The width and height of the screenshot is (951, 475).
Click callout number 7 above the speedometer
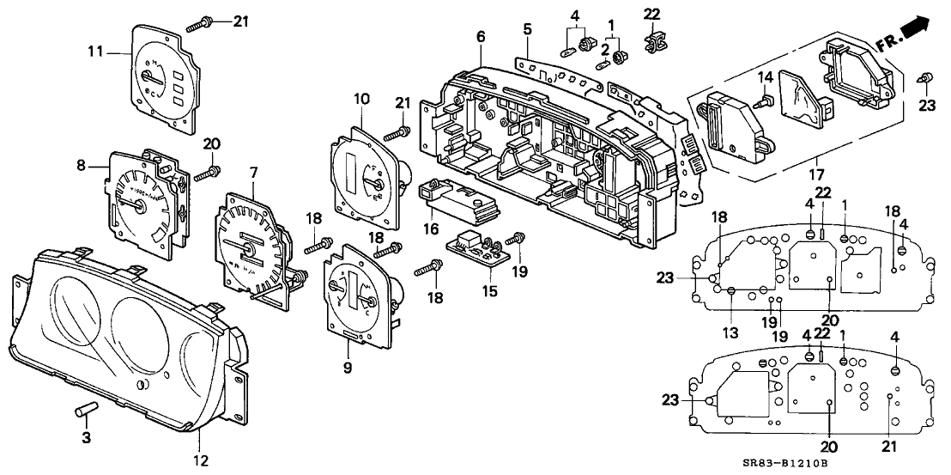click(x=254, y=173)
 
